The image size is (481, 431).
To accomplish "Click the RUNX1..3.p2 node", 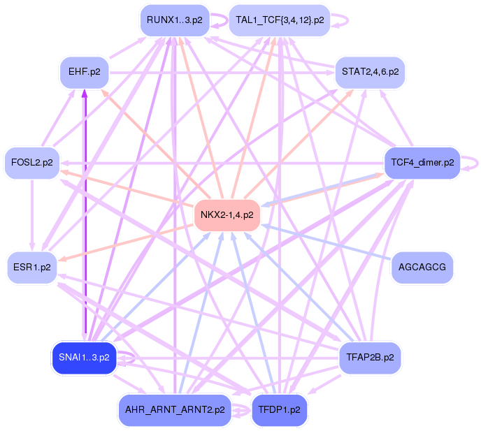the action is (x=175, y=20).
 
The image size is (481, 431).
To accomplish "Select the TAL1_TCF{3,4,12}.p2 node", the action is (x=280, y=20).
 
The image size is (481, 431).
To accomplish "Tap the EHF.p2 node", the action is (x=85, y=73).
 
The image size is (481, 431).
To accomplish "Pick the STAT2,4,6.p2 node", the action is (x=371, y=73).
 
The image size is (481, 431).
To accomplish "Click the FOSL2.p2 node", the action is (x=32, y=163).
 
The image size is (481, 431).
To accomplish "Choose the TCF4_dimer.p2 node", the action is (x=422, y=163).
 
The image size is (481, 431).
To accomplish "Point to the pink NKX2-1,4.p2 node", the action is (x=227, y=215).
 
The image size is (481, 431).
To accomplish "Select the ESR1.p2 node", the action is (x=32, y=268).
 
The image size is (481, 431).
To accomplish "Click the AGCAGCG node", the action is (x=422, y=268).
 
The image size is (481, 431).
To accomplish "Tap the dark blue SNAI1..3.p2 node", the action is (x=84, y=358).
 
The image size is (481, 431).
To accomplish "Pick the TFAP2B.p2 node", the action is (x=370, y=358).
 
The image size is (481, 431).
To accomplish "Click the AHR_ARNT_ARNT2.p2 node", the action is (x=175, y=410).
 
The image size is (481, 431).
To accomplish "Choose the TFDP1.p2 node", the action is (x=279, y=410).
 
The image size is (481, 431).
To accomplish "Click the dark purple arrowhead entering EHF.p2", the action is (x=85, y=93).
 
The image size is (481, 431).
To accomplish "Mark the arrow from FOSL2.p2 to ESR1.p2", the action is (x=32, y=215).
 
